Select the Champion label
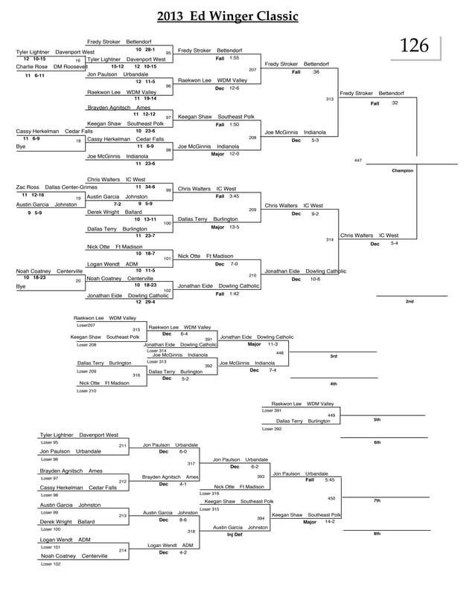pyautogui.click(x=402, y=171)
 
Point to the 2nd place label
pyautogui.click(x=409, y=301)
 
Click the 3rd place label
pyautogui.click(x=334, y=357)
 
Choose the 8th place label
pyautogui.click(x=377, y=534)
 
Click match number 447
pyautogui.click(x=358, y=161)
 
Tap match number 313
pyautogui.click(x=329, y=99)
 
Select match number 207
pyautogui.click(x=252, y=70)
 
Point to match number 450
pyautogui.click(x=331, y=498)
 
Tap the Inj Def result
pyautogui.click(x=235, y=534)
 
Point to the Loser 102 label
pyautogui.click(x=51, y=564)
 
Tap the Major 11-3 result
pyautogui.click(x=263, y=344)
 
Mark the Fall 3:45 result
pyautogui.click(x=227, y=195)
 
